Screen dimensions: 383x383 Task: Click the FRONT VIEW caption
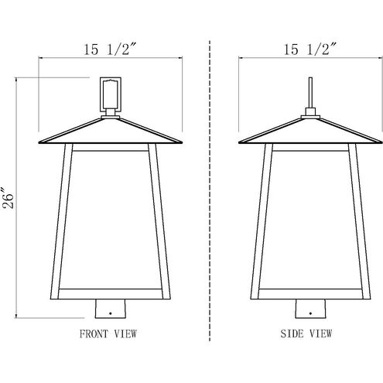(x=108, y=335)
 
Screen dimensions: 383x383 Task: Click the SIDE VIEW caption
(x=306, y=335)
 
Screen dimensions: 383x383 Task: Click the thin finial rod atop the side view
(x=309, y=91)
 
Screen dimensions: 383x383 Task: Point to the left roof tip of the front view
(x=39, y=142)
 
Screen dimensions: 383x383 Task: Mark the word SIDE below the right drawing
(x=292, y=335)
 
